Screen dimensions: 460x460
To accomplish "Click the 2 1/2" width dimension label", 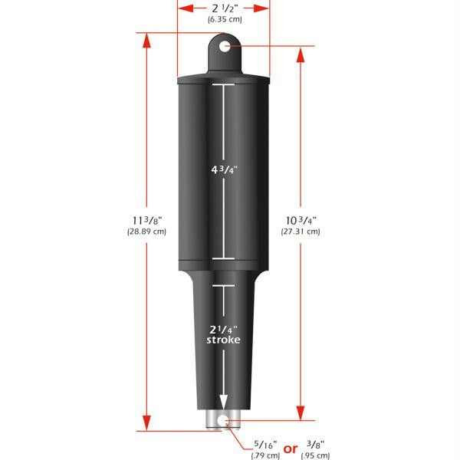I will coord(223,8).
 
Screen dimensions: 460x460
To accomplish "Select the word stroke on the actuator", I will coord(223,340).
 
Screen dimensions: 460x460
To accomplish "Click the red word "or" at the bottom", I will coord(290,449).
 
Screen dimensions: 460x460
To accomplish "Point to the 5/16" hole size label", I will coord(263,444).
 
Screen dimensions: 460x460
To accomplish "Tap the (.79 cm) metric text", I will coord(263,455).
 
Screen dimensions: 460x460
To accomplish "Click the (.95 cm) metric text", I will coord(317,455).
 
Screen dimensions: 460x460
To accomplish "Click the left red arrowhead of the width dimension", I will coord(182,9).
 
